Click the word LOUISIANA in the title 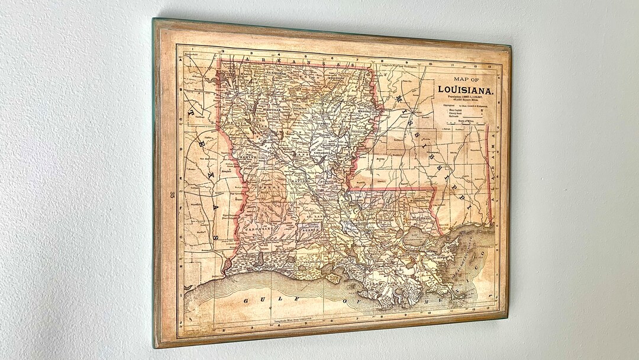[466, 90]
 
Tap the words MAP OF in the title [467, 79]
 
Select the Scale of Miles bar [467, 123]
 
